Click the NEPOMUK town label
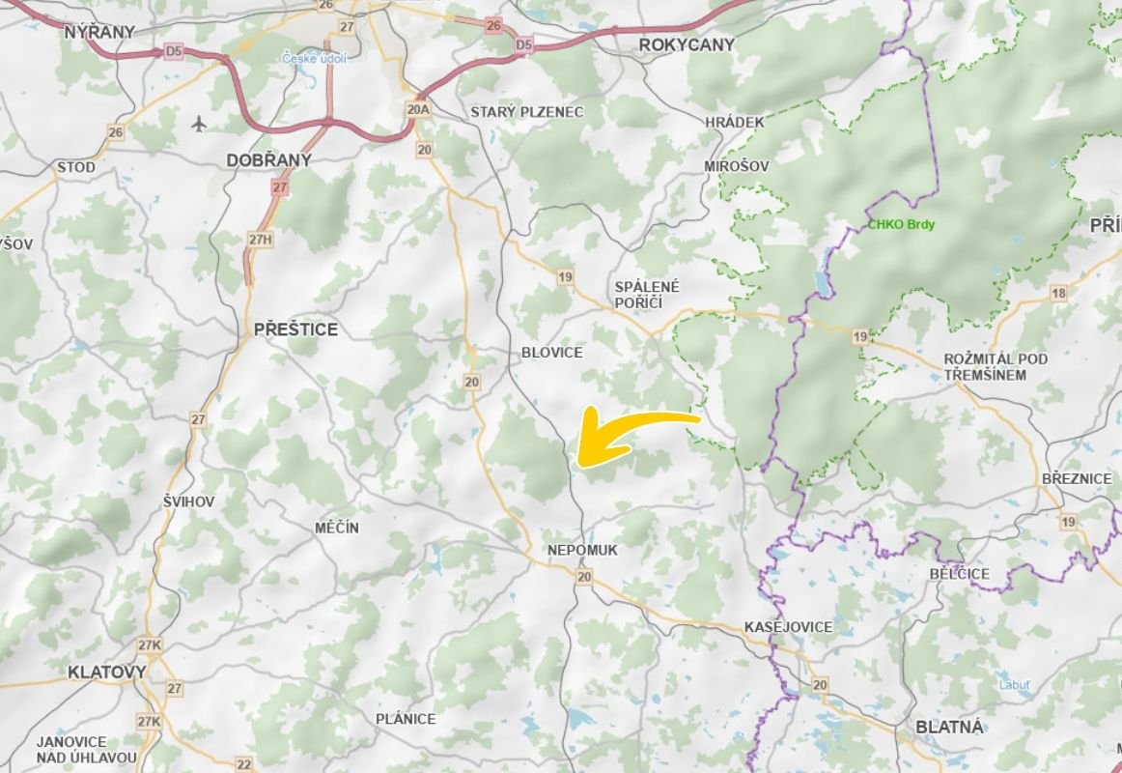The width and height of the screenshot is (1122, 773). [581, 550]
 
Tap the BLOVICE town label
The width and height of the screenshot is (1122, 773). [551, 353]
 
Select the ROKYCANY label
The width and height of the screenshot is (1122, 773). [687, 44]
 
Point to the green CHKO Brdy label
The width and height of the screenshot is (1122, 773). [901, 225]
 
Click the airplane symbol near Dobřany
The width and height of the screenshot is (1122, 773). [199, 124]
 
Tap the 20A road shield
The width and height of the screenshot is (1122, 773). [418, 109]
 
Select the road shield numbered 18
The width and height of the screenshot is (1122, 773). [1059, 293]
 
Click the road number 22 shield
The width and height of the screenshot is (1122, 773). [243, 764]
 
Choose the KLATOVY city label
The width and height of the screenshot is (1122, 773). [107, 672]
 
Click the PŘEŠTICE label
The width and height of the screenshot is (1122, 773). [295, 329]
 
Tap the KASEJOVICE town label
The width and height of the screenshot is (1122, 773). [788, 627]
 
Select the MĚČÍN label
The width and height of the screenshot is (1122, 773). [337, 528]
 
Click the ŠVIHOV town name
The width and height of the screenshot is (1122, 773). [188, 501]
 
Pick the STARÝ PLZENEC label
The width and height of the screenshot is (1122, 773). [526, 112]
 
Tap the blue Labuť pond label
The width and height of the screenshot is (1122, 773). [1015, 686]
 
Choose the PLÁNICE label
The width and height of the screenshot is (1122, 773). [406, 719]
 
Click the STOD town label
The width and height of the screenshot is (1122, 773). [76, 167]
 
